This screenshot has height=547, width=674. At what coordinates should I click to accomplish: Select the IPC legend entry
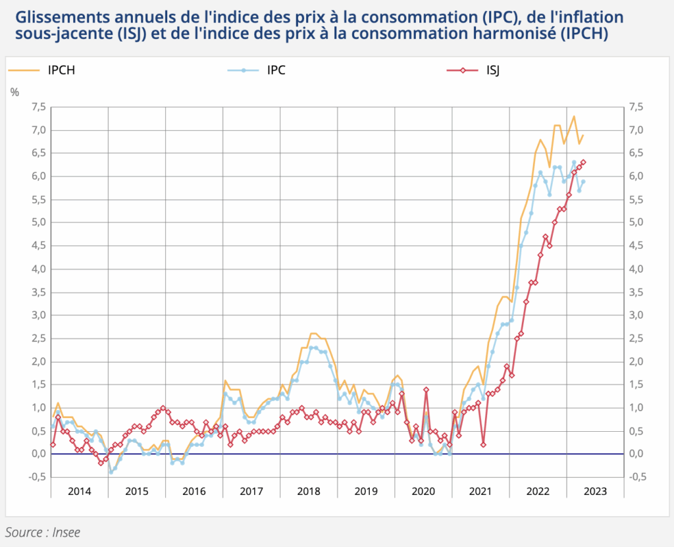point(276,70)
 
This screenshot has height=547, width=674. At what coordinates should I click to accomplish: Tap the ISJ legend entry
point(493,70)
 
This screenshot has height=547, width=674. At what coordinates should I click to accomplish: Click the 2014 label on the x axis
point(80,491)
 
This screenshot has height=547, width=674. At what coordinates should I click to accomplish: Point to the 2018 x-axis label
point(309,491)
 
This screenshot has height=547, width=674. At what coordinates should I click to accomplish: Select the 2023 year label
point(594,491)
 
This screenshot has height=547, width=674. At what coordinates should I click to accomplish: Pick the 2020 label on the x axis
point(423,491)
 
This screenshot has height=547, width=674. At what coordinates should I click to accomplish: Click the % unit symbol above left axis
point(14,92)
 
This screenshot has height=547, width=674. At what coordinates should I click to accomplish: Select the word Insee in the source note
point(65,531)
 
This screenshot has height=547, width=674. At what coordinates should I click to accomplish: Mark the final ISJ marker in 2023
point(583,162)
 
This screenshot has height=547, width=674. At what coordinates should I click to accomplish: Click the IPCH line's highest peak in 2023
point(574,117)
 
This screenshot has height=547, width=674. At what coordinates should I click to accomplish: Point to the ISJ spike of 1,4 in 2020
point(426,390)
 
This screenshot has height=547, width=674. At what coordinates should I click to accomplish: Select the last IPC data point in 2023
point(583,182)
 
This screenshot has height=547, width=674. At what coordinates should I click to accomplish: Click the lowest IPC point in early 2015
point(111,472)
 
